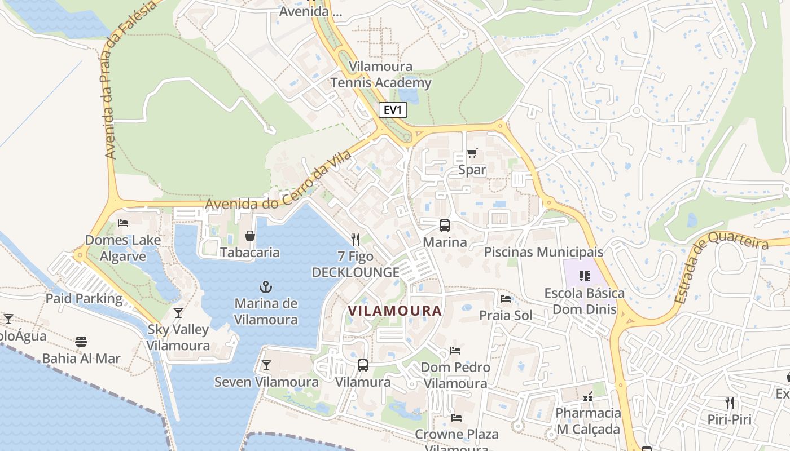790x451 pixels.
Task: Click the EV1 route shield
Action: (x=392, y=110)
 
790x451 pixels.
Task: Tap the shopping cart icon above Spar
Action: (x=472, y=153)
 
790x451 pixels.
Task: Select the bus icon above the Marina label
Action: (x=445, y=225)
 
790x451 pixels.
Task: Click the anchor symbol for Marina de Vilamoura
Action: (x=266, y=287)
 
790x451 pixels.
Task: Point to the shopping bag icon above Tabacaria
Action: (x=250, y=236)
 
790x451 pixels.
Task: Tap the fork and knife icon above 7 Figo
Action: (x=355, y=240)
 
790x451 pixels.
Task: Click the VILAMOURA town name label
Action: (x=394, y=311)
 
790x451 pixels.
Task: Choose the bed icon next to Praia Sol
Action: (x=506, y=299)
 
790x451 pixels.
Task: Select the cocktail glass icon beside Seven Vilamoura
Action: (x=266, y=365)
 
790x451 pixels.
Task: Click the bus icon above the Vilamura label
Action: (x=363, y=365)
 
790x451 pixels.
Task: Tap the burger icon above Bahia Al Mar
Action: (x=81, y=342)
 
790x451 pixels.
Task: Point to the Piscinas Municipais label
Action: (x=543, y=252)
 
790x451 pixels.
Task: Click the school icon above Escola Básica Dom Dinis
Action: (x=584, y=276)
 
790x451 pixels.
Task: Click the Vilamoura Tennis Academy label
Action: (x=380, y=74)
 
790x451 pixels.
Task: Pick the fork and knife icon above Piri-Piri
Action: (x=730, y=403)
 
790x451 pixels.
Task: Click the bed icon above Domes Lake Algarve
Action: (x=123, y=223)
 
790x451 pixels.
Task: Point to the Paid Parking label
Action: (x=84, y=298)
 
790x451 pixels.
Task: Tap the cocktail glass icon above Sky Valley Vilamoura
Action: (x=178, y=313)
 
